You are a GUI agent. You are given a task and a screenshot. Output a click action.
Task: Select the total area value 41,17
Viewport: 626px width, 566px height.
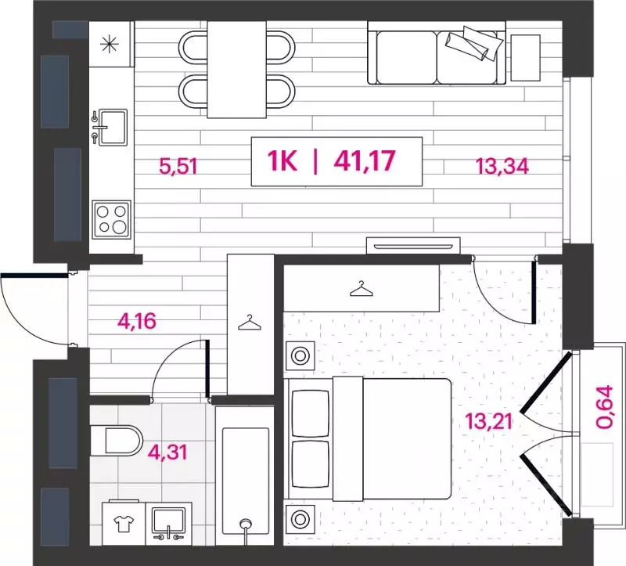[x=364, y=162]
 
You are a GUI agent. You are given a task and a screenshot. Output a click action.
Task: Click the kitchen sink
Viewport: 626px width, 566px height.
[x=110, y=124]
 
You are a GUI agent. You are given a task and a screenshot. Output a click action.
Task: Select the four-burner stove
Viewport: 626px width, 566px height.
[x=110, y=218]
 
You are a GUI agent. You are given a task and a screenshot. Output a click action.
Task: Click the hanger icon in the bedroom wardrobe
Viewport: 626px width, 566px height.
[x=360, y=289]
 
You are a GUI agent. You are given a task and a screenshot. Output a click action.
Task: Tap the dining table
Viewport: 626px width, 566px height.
[x=236, y=67]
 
